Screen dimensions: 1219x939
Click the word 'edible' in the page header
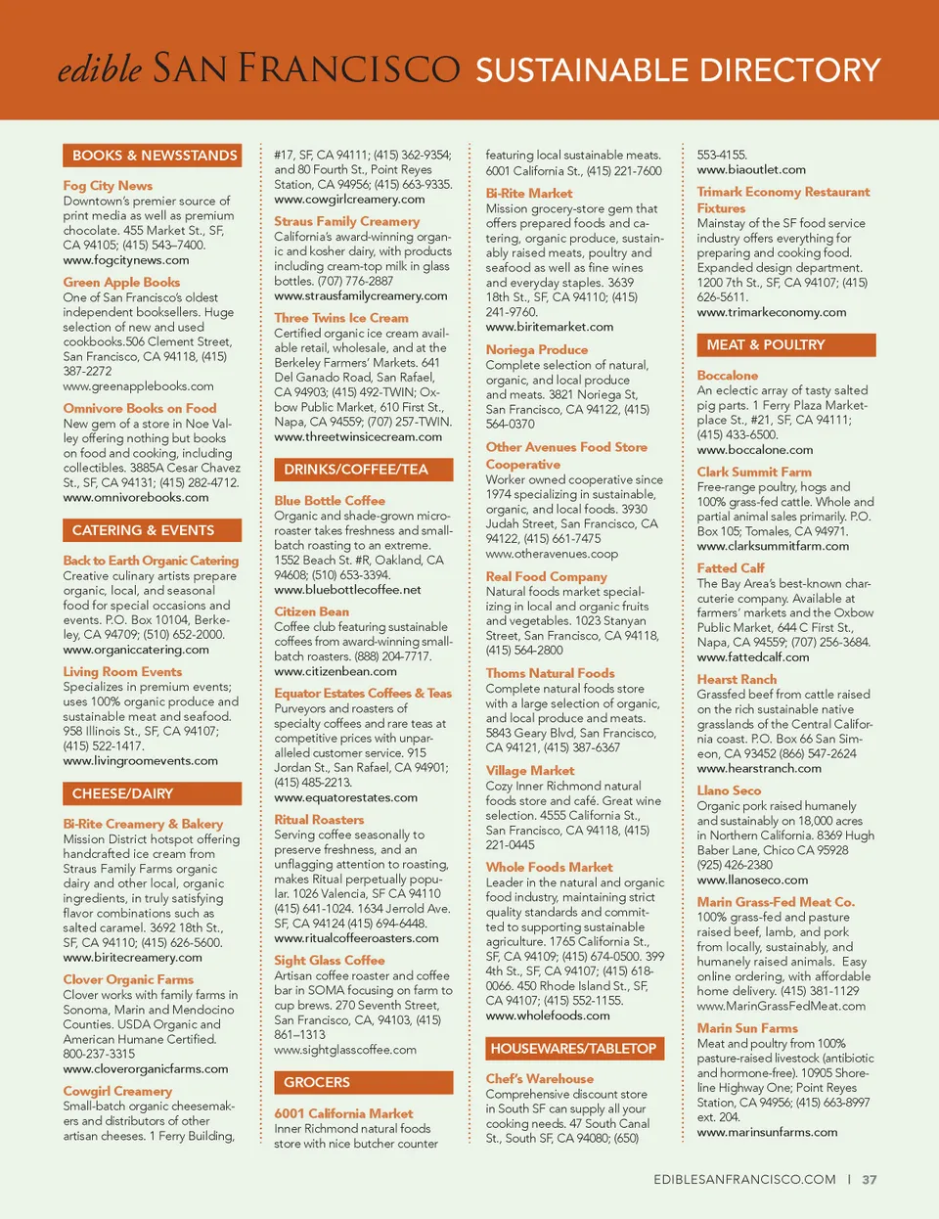coord(100,69)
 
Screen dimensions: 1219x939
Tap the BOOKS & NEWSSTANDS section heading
coord(154,156)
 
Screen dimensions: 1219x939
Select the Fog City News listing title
coord(108,186)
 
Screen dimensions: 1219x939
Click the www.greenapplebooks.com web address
coord(138,386)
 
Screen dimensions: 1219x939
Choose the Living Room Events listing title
coord(122,672)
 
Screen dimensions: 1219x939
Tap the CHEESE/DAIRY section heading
coord(122,793)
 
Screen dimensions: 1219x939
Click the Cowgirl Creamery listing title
coord(117,1091)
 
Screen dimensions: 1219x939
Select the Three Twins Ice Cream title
coord(341,318)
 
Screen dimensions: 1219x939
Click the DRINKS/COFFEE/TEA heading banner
coord(356,470)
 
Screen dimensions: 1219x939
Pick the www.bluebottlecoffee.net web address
coord(347,590)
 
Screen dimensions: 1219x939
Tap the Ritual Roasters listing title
coord(319,820)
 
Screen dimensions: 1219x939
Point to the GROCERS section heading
coord(317,1082)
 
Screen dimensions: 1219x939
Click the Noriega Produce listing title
coord(537,349)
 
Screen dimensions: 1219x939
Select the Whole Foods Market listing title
coord(550,867)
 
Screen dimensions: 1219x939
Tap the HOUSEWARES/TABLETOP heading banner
coord(573,1049)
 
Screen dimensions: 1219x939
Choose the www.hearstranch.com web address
coord(759,768)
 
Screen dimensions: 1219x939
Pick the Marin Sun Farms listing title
coord(747,1028)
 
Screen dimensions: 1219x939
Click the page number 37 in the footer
coord(870,1180)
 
